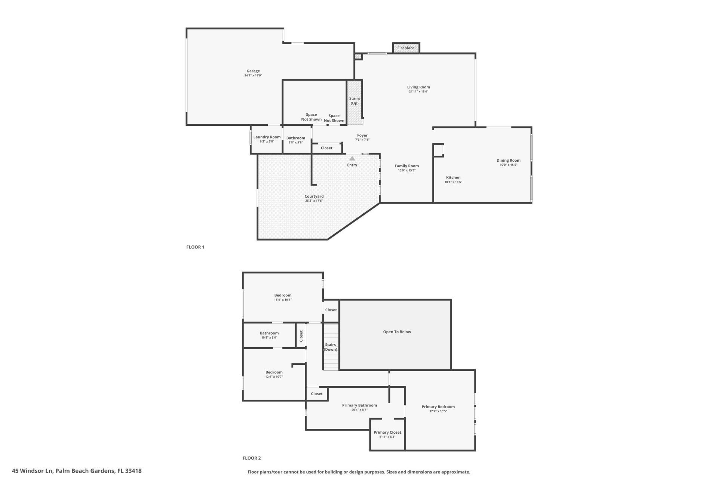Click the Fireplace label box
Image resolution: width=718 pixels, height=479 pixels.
(406, 48)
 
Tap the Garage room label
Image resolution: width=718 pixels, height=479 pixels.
(253, 71)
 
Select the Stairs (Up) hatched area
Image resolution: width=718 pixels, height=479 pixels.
(354, 101)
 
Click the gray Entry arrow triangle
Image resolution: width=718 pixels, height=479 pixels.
(352, 158)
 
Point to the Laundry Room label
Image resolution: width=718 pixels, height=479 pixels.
(267, 137)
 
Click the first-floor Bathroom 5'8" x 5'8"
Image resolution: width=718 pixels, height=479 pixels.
(295, 140)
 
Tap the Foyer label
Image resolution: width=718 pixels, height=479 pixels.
(362, 135)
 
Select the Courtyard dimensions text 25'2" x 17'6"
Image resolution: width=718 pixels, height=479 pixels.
(314, 201)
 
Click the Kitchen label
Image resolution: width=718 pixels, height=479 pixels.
(453, 177)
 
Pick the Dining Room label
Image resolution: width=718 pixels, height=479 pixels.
(508, 160)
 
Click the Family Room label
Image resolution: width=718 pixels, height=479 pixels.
(406, 166)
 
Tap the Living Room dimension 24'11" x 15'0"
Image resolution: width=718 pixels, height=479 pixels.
(418, 92)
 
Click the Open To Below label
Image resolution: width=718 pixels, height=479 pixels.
(397, 332)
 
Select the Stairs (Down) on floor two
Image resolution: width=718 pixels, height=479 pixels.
(331, 347)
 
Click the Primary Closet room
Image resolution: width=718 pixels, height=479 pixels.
(387, 434)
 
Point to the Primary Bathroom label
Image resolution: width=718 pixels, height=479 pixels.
(359, 405)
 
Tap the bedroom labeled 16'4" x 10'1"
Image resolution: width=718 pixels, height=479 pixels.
(283, 297)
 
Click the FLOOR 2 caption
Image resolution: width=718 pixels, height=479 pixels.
(251, 458)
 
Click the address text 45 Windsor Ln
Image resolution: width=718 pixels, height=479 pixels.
(77, 471)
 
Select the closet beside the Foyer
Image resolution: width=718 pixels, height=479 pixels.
(326, 148)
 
